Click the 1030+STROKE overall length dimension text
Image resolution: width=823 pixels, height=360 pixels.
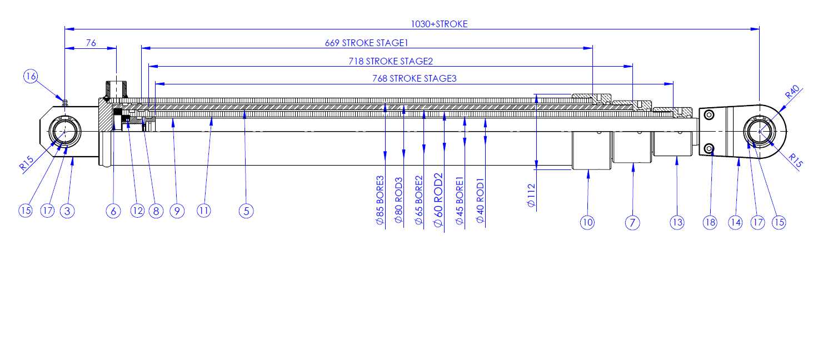click(x=439, y=24)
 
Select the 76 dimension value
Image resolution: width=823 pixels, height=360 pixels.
click(x=91, y=43)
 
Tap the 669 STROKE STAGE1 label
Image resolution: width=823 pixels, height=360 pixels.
click(x=367, y=43)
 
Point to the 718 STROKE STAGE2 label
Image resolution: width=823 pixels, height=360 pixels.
click(x=391, y=61)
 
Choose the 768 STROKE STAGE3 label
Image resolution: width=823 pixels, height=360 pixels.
click(x=415, y=78)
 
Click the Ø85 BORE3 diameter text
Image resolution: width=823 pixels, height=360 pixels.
click(x=380, y=200)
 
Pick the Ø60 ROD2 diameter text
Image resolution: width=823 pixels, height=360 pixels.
click(x=438, y=200)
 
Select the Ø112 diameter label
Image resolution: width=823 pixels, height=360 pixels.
click(x=531, y=196)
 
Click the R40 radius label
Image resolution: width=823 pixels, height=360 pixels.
click(x=792, y=92)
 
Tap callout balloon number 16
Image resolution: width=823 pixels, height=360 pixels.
click(x=31, y=77)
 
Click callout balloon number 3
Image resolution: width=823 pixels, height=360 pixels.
click(x=67, y=211)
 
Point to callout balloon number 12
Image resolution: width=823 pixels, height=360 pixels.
click(x=137, y=211)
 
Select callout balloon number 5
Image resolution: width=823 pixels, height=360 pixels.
click(x=246, y=211)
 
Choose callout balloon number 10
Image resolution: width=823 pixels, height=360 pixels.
click(x=587, y=222)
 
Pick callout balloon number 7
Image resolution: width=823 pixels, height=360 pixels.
click(x=632, y=223)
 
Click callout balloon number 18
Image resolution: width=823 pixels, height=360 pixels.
click(x=710, y=222)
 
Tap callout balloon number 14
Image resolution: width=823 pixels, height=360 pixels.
click(x=735, y=222)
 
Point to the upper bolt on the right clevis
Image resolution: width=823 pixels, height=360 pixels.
click(x=709, y=115)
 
